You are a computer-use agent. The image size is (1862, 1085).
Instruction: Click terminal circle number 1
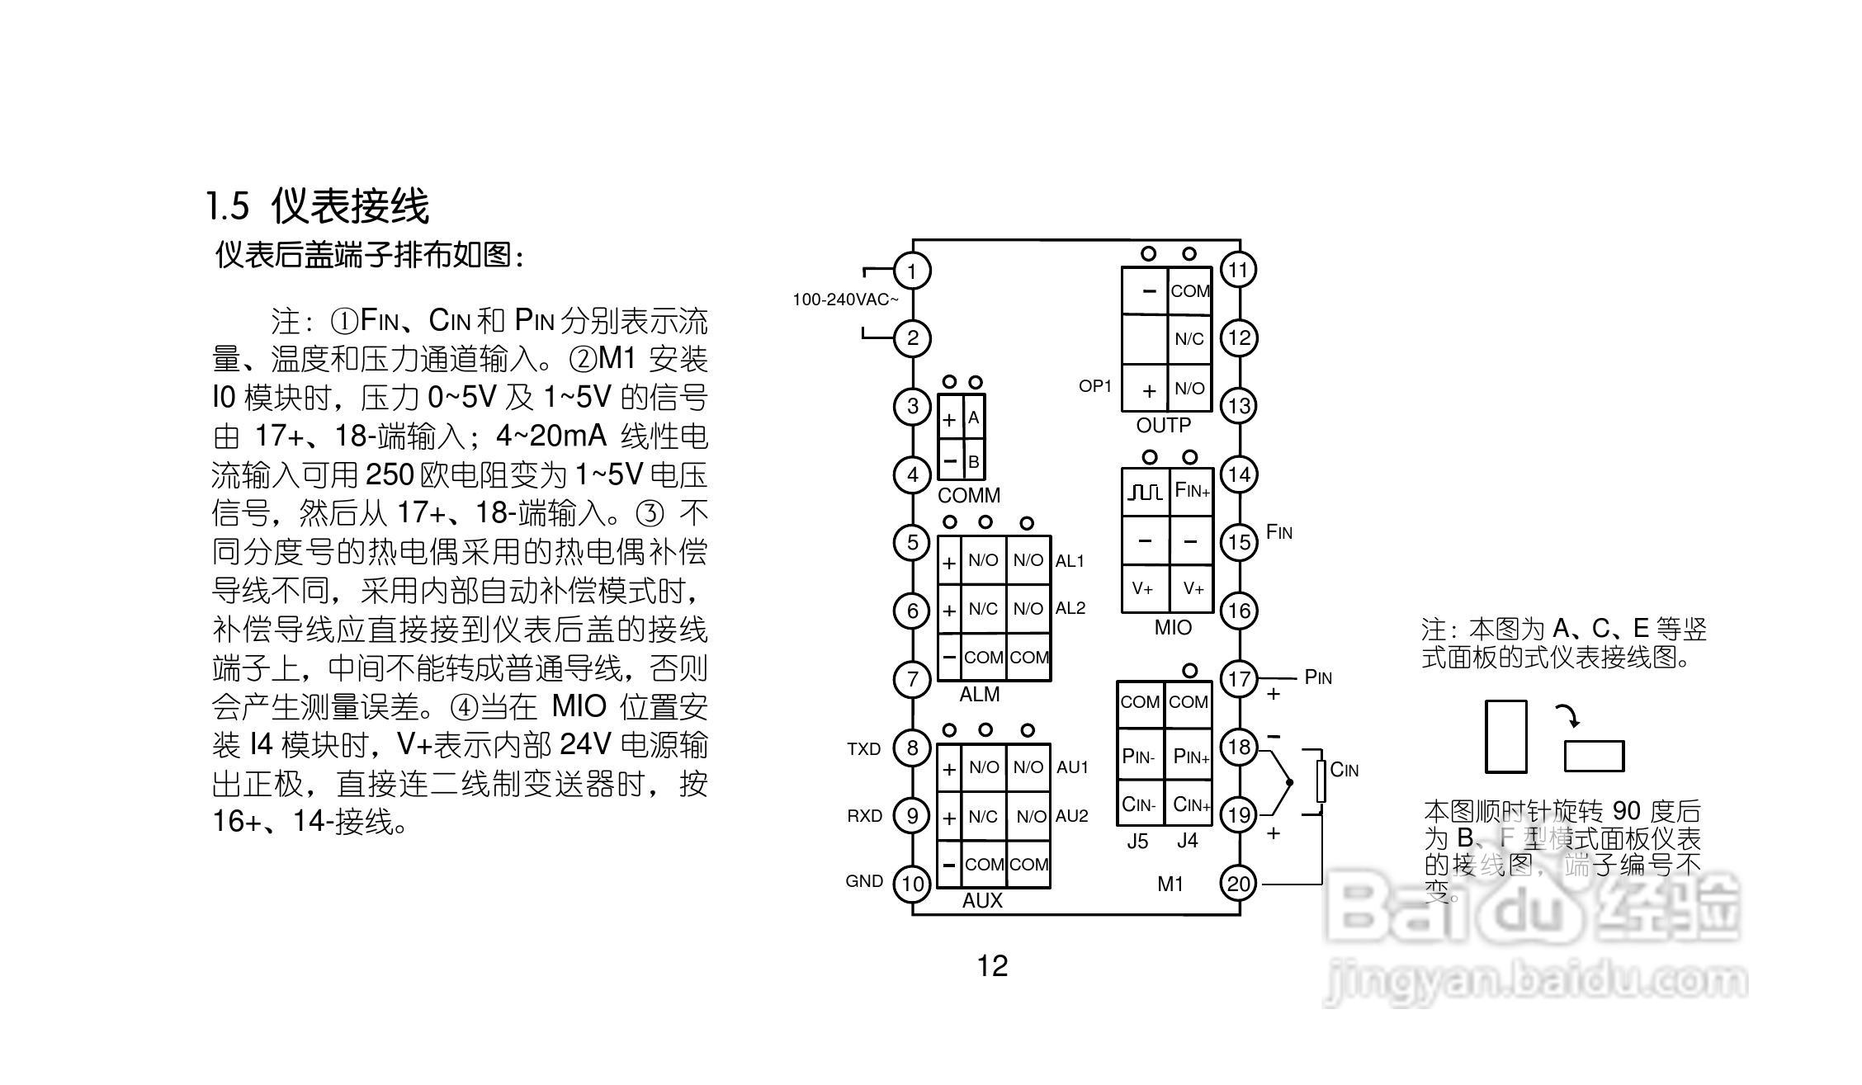coord(912,271)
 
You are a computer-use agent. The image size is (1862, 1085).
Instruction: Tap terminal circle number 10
coord(912,884)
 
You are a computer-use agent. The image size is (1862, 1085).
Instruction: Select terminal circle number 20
coord(1239,884)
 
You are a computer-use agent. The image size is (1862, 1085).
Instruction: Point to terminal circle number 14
coord(1239,474)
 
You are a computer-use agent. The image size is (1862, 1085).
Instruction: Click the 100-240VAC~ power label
coord(845,300)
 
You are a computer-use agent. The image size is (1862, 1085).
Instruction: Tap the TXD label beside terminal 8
coord(864,749)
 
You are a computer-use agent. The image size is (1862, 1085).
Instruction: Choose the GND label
coord(864,881)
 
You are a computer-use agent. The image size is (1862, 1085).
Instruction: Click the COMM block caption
coord(969,496)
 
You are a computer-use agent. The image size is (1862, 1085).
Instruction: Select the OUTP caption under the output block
coord(1164,426)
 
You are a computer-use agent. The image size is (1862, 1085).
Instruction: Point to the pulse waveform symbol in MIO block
coord(1145,493)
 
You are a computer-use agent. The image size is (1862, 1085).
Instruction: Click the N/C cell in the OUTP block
coord(1189,339)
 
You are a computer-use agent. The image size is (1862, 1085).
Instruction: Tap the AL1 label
coord(1070,561)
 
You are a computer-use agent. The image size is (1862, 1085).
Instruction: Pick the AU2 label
coord(1072,816)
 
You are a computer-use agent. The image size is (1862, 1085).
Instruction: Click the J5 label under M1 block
coord(1137,842)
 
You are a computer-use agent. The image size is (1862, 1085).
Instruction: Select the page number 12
coord(992,965)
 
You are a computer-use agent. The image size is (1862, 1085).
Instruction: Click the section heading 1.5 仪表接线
coord(318,205)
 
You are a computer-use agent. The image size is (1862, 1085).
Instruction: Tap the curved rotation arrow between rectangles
coord(1568,715)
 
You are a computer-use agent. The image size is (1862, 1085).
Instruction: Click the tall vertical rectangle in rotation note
coord(1505,737)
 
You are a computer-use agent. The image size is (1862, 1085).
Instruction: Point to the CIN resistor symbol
coord(1321,781)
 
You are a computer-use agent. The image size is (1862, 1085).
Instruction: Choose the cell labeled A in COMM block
coord(974,418)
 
